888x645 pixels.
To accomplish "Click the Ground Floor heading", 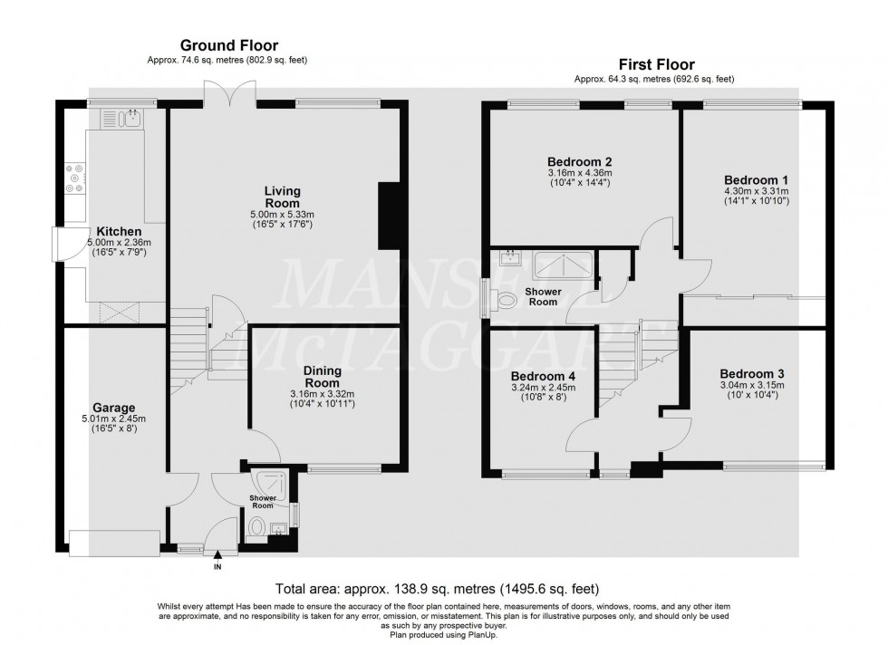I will [228, 44].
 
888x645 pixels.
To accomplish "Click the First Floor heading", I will [657, 64].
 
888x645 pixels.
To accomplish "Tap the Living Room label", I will [282, 197].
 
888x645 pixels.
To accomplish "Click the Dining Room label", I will [327, 375].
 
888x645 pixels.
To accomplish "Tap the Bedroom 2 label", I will [580, 163].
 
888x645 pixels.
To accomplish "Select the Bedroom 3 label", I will [752, 373].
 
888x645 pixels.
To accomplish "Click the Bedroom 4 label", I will [543, 376].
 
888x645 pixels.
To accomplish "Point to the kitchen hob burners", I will [73, 178].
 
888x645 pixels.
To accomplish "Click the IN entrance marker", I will [217, 567].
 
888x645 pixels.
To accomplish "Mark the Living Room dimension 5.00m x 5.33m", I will [282, 214].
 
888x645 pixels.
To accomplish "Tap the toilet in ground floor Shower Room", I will [257, 527].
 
